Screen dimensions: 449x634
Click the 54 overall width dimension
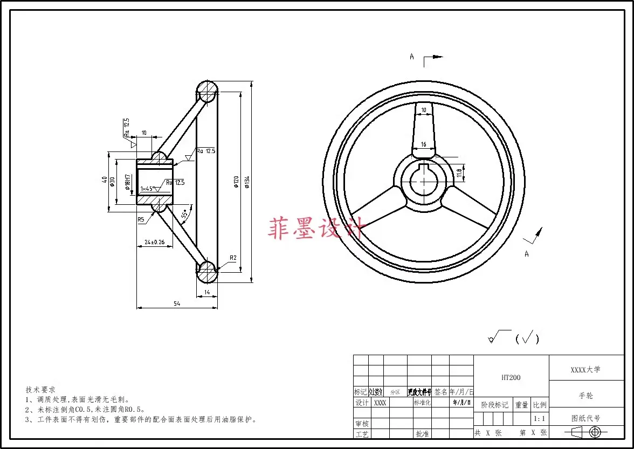point(177,304)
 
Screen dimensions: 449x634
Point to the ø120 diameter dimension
point(236,183)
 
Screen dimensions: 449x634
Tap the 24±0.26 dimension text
point(154,243)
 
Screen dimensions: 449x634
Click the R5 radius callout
point(141,219)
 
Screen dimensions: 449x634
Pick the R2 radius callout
point(233,258)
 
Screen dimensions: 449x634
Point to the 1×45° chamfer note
point(147,189)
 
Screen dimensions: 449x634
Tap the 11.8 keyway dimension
point(459,173)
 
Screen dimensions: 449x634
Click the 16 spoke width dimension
point(424,144)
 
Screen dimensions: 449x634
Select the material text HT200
point(511,378)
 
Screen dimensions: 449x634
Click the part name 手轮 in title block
point(585,395)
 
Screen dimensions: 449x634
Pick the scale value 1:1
point(538,418)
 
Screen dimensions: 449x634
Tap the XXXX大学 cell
point(585,370)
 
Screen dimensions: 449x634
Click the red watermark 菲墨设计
point(318,228)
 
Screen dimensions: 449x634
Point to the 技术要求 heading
point(40,389)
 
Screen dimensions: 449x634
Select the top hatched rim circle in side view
point(206,92)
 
